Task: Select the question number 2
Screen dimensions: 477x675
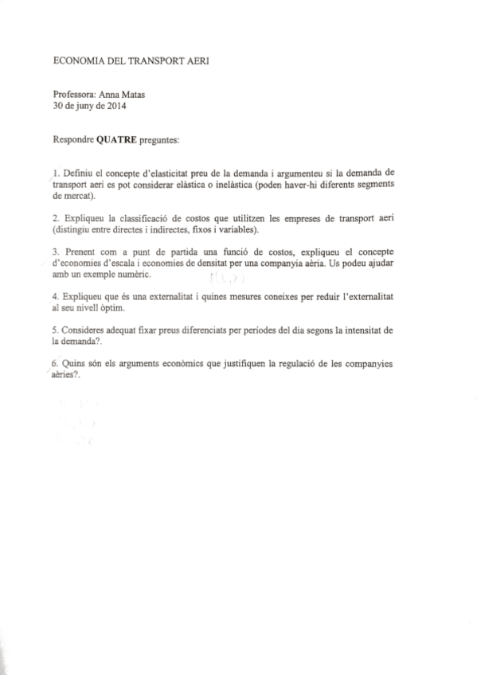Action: [54, 217]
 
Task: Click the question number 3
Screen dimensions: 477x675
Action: [54, 251]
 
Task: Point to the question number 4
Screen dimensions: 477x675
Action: [54, 295]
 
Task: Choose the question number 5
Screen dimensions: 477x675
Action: [54, 329]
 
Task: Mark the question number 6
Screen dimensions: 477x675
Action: [54, 363]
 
